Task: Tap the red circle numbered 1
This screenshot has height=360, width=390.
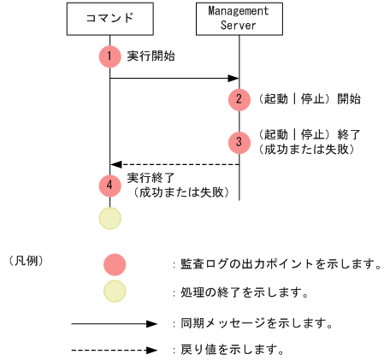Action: [x=109, y=56]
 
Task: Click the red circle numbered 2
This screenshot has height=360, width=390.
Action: [x=239, y=98]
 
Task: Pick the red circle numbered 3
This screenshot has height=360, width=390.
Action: [x=239, y=141]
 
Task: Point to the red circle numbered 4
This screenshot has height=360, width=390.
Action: [x=109, y=184]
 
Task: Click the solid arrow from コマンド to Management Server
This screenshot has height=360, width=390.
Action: [x=174, y=79]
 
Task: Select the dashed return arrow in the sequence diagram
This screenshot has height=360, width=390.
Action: [x=174, y=164]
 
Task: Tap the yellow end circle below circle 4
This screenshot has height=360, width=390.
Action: [x=109, y=217]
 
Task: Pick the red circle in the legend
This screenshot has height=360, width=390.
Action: [x=115, y=264]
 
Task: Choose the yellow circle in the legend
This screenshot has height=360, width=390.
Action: [x=115, y=292]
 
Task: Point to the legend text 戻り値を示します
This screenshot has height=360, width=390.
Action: [x=232, y=350]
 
